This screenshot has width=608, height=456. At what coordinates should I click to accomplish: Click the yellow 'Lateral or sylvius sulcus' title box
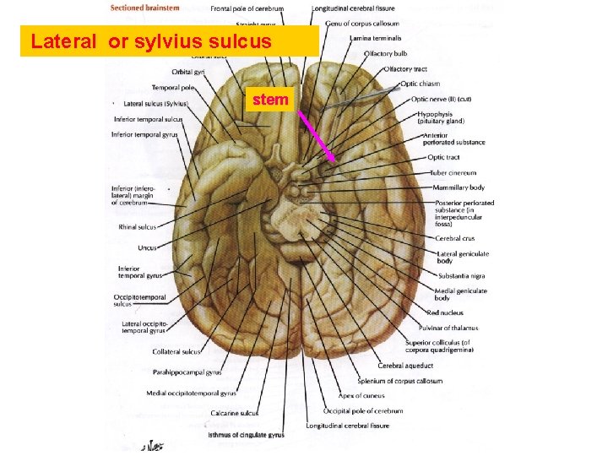(x=170, y=41)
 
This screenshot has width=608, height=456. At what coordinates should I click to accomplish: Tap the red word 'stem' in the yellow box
(x=269, y=100)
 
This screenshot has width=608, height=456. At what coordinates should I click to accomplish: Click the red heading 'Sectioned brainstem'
(x=144, y=8)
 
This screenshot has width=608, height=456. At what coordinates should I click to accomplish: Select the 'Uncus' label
(x=147, y=247)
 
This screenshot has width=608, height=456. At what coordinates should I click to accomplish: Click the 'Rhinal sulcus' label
(x=137, y=226)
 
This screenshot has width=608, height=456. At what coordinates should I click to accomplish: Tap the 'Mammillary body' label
(x=459, y=187)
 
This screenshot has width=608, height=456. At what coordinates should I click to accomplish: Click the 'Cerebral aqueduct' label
(x=405, y=366)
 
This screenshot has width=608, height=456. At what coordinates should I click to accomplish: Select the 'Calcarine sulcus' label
(x=237, y=413)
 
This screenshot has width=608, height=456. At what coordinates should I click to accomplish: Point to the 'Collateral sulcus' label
(x=176, y=351)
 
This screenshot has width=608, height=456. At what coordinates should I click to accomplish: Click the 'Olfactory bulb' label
(x=385, y=54)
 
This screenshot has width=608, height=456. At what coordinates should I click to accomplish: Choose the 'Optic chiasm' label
(x=420, y=84)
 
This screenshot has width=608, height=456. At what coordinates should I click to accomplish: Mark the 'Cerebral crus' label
(x=455, y=238)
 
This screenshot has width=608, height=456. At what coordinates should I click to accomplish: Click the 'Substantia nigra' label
(x=462, y=275)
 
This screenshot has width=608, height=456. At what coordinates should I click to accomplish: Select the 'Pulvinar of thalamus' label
(x=448, y=328)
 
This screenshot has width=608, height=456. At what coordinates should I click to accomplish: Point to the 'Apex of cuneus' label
(x=362, y=395)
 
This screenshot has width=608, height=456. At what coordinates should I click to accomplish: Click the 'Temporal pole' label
(x=173, y=87)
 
